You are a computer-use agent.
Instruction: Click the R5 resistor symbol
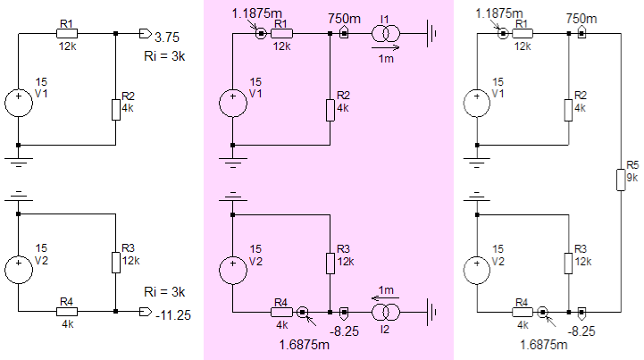[x=621, y=180]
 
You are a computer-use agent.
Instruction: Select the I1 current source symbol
[x=386, y=34]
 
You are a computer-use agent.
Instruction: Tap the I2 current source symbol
[x=386, y=313]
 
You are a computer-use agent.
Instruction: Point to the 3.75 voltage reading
[x=167, y=38]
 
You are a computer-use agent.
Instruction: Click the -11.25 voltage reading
[x=173, y=315]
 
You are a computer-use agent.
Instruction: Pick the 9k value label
[x=632, y=178]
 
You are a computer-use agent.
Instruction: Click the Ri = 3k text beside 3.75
[x=164, y=56]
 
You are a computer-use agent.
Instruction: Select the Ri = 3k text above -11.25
[x=164, y=292]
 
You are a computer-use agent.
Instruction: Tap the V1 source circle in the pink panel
[x=233, y=103]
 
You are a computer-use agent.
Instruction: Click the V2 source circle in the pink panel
[x=233, y=270]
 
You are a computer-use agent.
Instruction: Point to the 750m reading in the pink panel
[x=344, y=19]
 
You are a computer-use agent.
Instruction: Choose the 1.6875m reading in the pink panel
[x=305, y=345]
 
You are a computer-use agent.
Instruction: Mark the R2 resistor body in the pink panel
[x=330, y=110]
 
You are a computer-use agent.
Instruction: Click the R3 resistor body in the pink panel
[x=330, y=264]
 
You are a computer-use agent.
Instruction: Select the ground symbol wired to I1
[x=431, y=34]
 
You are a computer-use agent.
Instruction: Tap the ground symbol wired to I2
[x=431, y=313]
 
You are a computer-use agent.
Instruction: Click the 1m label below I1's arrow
[x=386, y=59]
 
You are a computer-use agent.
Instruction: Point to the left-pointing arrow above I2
[x=385, y=298]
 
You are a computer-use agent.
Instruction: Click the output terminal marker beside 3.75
[x=146, y=34]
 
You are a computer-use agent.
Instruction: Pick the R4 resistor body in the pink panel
[x=281, y=313]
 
